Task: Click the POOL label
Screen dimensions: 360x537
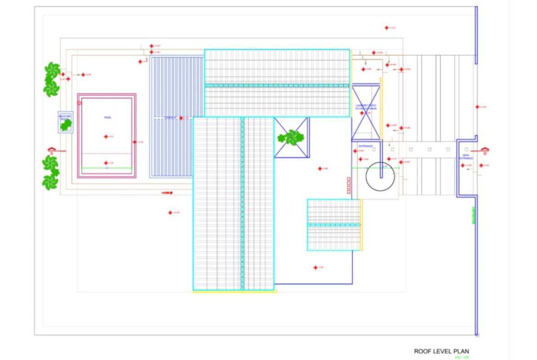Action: click(x=108, y=118)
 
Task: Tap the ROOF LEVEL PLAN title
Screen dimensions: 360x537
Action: click(x=442, y=351)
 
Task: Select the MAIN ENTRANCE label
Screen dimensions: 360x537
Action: click(x=466, y=157)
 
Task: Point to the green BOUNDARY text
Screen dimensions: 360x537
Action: click(x=473, y=215)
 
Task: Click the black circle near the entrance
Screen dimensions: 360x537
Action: click(x=380, y=177)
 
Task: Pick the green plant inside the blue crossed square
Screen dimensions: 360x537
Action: click(x=291, y=137)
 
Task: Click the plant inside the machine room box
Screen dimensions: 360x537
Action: click(x=66, y=125)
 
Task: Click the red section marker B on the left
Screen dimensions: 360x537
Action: click(x=52, y=150)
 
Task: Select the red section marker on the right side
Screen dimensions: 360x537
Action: click(x=484, y=150)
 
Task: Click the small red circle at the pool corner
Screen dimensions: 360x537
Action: click(x=79, y=103)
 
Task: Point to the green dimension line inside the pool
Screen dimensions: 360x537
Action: click(x=106, y=168)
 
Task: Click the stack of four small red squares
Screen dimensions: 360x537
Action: click(x=349, y=185)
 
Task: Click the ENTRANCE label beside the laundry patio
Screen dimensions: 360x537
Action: click(x=365, y=146)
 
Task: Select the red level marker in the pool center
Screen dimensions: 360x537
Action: click(x=106, y=137)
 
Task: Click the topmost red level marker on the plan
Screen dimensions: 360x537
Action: click(x=386, y=28)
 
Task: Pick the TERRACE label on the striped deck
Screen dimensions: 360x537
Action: click(x=170, y=118)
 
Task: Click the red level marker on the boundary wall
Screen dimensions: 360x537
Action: click(x=477, y=107)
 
